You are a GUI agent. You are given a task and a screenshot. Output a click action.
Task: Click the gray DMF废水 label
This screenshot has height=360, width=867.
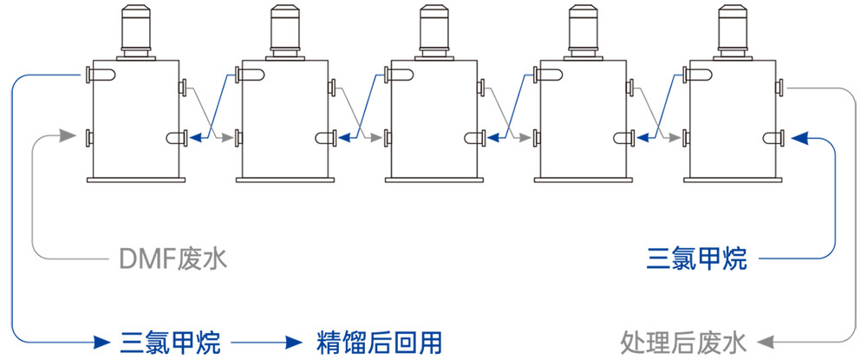pos(173,259)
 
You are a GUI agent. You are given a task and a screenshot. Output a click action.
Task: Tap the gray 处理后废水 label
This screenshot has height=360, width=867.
pos(683,340)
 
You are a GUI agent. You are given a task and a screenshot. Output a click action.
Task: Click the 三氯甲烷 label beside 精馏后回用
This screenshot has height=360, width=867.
pos(171,340)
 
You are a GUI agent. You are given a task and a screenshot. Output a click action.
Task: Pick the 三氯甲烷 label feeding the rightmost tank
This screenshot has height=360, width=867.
pos(697,259)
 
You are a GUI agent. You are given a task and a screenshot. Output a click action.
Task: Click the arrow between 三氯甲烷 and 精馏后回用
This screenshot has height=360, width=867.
pos(260,340)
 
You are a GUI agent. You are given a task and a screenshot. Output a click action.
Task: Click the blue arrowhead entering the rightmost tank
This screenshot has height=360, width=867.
pos(800,137)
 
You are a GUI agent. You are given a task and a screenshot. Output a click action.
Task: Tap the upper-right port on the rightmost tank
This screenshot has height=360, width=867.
pos(781,87)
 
